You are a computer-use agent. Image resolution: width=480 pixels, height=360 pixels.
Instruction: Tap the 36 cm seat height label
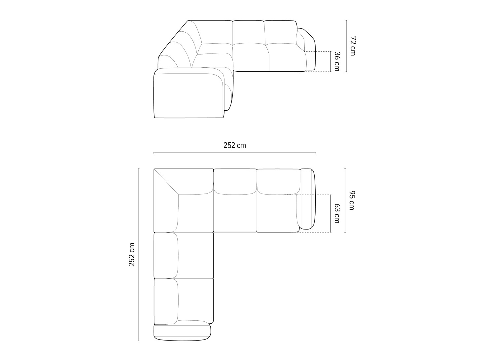point(337,61)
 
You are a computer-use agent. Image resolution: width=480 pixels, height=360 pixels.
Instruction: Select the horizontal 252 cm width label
point(235,145)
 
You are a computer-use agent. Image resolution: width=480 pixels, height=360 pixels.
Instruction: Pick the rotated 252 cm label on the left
point(132,255)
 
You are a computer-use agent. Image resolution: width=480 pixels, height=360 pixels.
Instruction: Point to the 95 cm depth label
point(352,200)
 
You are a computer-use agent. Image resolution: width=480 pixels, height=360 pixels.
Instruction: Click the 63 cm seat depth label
point(337,213)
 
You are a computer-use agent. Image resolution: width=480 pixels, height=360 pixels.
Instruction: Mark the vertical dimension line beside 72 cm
point(346,46)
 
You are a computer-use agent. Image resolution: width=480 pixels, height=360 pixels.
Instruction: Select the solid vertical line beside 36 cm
point(331,61)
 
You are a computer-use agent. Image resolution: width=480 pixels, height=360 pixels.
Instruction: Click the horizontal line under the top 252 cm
point(235,153)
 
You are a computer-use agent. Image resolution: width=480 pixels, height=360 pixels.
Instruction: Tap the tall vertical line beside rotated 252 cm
point(139,255)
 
